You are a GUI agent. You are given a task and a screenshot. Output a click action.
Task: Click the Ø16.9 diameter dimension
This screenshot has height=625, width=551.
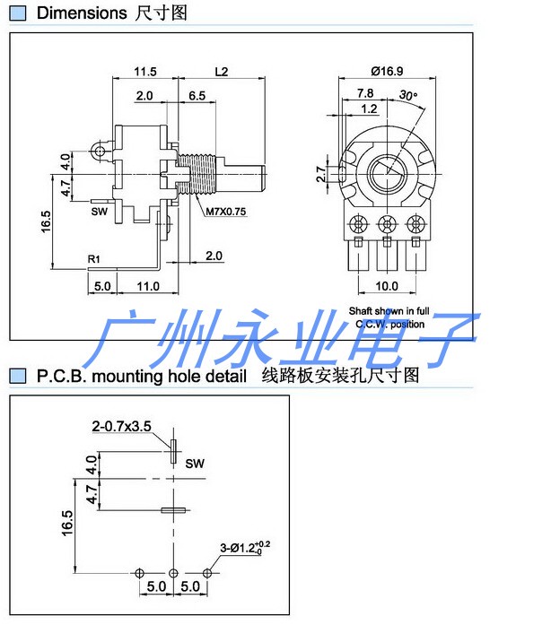click(x=387, y=72)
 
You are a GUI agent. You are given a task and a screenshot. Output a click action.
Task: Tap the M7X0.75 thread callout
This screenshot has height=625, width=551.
click(x=226, y=212)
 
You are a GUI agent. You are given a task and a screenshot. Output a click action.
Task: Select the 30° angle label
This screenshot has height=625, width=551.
click(x=408, y=95)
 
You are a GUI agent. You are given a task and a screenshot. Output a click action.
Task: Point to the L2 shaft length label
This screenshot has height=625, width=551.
click(x=222, y=72)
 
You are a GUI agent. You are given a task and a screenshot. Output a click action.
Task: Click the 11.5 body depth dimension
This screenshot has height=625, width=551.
click(x=145, y=72)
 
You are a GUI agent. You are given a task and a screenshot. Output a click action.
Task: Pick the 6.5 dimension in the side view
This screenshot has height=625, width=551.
click(x=197, y=96)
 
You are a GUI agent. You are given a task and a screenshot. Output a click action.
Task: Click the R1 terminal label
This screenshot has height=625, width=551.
click(x=93, y=259)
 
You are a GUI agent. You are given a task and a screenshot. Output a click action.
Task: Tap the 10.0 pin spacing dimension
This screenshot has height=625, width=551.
click(x=387, y=286)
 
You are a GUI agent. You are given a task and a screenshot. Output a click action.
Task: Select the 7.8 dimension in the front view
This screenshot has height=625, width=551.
click(x=365, y=93)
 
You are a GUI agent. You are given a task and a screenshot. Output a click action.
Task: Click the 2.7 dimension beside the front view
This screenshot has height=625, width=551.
click(x=321, y=174)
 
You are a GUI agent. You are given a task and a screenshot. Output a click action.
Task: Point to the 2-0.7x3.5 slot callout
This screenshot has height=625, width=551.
click(x=122, y=426)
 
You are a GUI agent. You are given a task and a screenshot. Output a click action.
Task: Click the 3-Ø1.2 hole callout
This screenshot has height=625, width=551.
click(x=245, y=547)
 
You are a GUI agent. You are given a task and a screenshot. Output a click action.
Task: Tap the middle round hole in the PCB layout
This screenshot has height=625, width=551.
click(x=173, y=573)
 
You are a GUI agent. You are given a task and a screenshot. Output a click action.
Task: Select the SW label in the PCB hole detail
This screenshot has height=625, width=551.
click(x=195, y=464)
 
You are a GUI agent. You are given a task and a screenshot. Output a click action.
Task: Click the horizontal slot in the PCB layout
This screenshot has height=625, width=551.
click(x=173, y=510)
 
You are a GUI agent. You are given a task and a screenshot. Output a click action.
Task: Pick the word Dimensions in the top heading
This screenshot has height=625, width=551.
click(x=82, y=13)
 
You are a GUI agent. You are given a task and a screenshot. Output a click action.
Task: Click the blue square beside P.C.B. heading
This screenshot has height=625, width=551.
click(x=18, y=376)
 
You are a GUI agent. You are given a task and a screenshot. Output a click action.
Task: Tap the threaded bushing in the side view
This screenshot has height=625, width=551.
click(x=197, y=175)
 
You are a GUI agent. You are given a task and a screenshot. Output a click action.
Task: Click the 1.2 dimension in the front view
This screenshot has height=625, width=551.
click(x=369, y=109)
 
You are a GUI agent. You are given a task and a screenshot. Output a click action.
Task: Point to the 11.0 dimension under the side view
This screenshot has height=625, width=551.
click(x=148, y=286)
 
